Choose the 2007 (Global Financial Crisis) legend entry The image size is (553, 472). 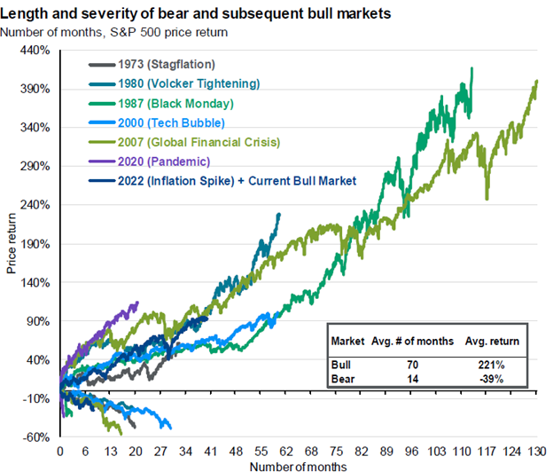[x=208, y=142]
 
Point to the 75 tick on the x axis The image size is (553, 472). [x=336, y=451]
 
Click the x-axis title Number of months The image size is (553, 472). [x=298, y=464]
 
